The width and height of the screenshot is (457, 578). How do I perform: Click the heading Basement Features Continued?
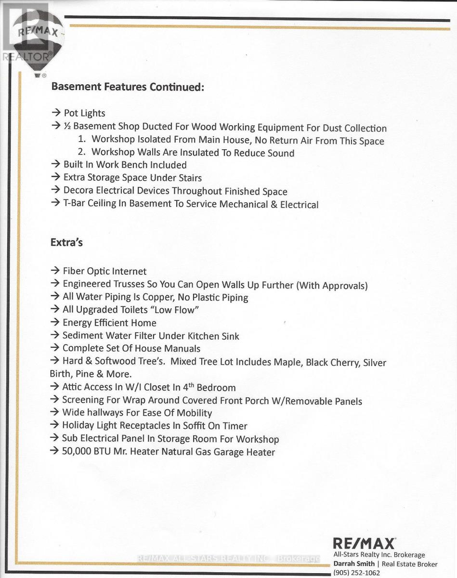tap(128, 87)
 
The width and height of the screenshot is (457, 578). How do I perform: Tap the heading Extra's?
tap(66, 242)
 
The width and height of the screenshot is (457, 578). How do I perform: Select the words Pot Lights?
tap(84, 114)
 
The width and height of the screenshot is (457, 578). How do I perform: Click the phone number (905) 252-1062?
tap(356, 573)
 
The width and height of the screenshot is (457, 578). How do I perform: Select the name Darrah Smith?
tap(353, 564)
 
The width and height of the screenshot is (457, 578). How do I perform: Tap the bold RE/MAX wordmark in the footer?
tap(365, 544)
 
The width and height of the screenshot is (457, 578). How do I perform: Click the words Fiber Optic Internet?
tap(104, 272)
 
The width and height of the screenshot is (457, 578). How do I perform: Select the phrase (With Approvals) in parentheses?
tap(332, 285)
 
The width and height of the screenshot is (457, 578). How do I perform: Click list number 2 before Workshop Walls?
tap(81, 153)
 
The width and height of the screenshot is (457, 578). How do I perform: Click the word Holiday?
tap(78, 426)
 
